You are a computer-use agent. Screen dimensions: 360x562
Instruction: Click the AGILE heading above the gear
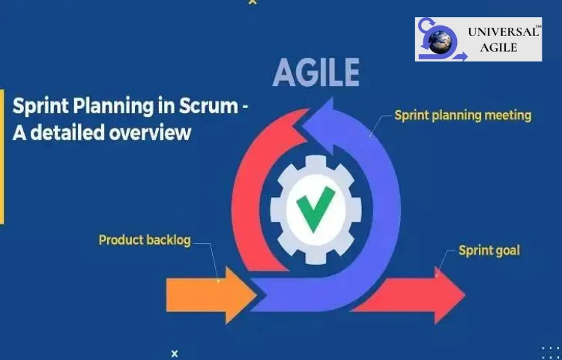click(x=315, y=73)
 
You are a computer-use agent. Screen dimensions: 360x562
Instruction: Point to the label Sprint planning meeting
click(x=462, y=115)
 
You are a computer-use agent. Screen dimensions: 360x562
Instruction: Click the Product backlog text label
click(x=145, y=241)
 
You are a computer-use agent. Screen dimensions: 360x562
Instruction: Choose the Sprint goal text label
click(x=489, y=250)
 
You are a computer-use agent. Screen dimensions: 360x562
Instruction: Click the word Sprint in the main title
click(x=38, y=106)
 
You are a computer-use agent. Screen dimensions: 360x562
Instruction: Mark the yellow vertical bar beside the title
click(x=1, y=157)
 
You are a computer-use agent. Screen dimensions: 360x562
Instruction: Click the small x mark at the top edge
click(x=252, y=2)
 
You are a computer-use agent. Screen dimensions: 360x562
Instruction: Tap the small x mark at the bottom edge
click(x=175, y=352)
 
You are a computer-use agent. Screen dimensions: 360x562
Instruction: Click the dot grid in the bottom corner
click(x=551, y=352)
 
